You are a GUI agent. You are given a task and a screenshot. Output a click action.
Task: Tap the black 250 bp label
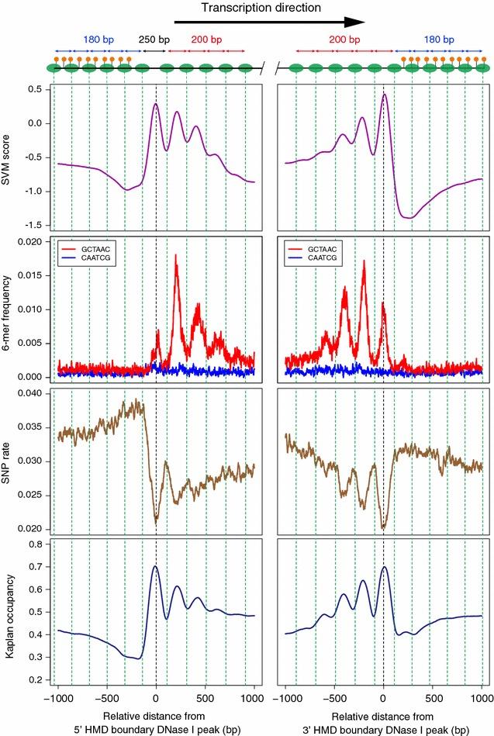pos(154,40)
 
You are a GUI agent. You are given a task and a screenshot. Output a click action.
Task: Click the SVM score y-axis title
pos(10,155)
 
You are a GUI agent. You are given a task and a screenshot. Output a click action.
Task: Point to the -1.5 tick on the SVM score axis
pos(34,225)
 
